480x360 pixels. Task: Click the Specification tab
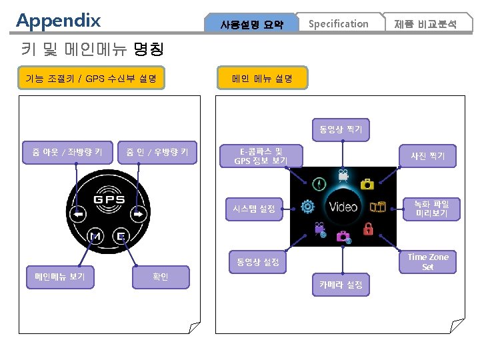pyautogui.click(x=338, y=24)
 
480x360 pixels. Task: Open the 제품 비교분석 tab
pyautogui.click(x=425, y=25)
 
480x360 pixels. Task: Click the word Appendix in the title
pyautogui.click(x=59, y=20)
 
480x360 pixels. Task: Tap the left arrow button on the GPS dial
pyautogui.click(x=79, y=215)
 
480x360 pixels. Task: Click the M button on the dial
pyautogui.click(x=95, y=235)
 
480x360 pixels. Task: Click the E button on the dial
pyautogui.click(x=121, y=235)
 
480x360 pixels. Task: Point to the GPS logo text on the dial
pyautogui.click(x=109, y=199)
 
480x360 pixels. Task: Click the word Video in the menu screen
pyautogui.click(x=343, y=206)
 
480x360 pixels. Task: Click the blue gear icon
pyautogui.click(x=307, y=206)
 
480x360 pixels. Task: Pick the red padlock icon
pyautogui.click(x=367, y=229)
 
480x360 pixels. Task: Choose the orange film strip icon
pyautogui.click(x=378, y=206)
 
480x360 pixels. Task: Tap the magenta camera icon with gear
pyautogui.click(x=343, y=236)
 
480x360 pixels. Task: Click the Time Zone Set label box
pyautogui.click(x=427, y=262)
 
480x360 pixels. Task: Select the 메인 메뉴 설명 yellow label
pyautogui.click(x=262, y=79)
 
